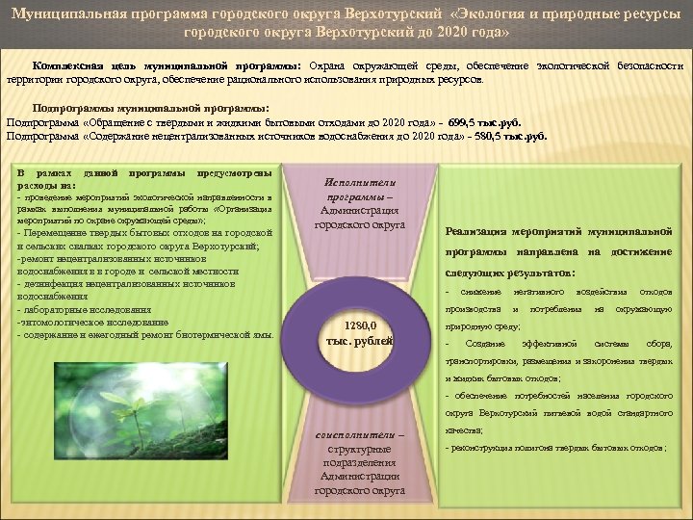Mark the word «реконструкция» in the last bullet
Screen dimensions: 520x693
pos(480,448)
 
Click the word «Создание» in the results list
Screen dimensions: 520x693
pos(487,344)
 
